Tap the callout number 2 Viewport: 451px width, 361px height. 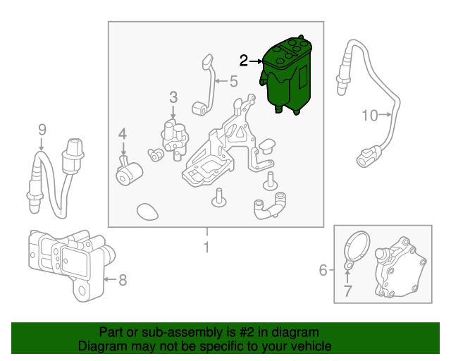pos(244,61)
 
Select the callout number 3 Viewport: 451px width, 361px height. pos(173,97)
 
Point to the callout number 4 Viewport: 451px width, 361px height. pos(123,133)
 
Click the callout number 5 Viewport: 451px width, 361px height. pos(233,81)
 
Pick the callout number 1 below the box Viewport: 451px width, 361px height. pos(206,247)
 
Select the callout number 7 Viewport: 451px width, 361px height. pos(347,290)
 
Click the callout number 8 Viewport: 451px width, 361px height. pos(123,281)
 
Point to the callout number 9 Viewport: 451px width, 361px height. pos(42,129)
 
